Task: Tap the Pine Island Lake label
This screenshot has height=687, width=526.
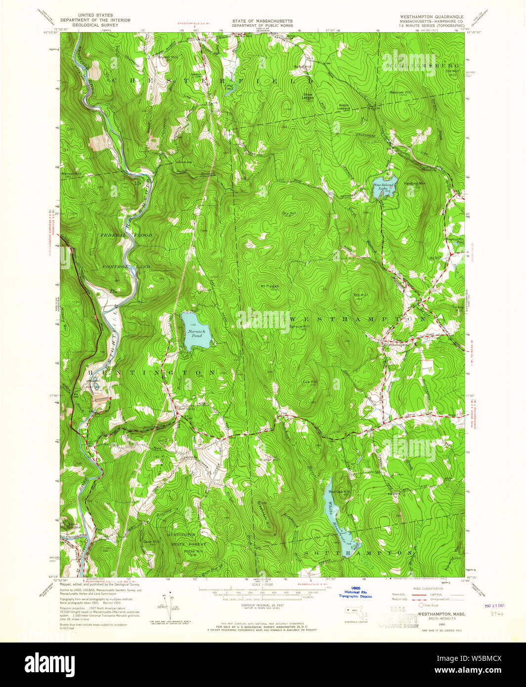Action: [x=383, y=187]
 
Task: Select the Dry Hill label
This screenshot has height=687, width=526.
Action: [x=289, y=213]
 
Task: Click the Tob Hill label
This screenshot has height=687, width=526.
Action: [x=360, y=295]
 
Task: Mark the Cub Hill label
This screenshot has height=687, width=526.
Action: [x=310, y=382]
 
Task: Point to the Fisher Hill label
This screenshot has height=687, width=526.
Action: [x=269, y=460]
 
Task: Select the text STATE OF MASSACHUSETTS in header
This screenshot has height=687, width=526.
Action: [x=263, y=21]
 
